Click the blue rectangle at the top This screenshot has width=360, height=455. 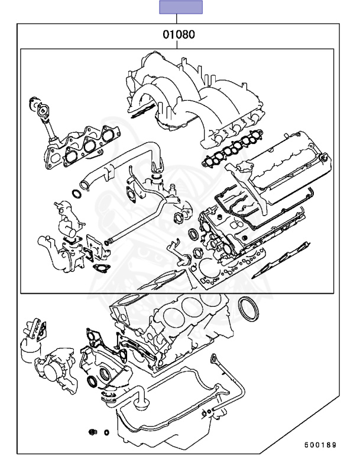click(181, 7)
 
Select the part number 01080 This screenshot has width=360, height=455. click(180, 35)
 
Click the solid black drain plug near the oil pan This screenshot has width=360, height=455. click(93, 431)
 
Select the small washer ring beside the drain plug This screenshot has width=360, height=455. click(106, 432)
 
